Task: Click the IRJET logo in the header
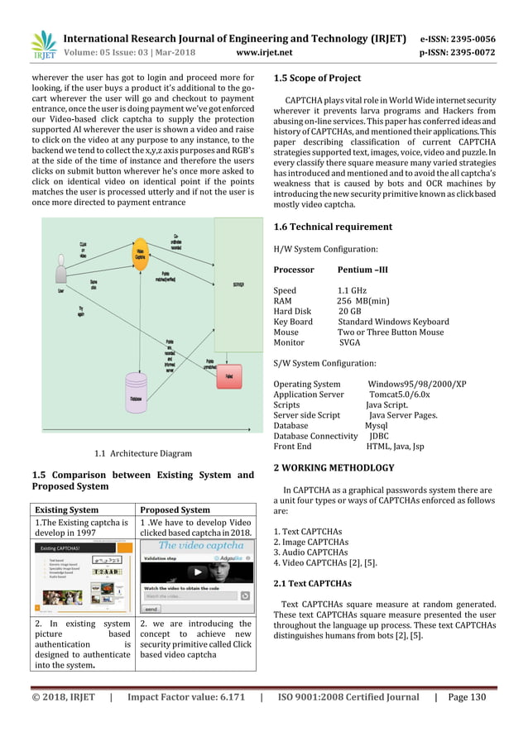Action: click(x=43, y=45)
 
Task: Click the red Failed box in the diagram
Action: click(x=228, y=375)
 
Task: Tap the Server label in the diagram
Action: click(x=238, y=284)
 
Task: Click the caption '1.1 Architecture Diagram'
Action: click(x=143, y=453)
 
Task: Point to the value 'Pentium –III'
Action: click(x=362, y=270)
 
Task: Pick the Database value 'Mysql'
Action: click(x=376, y=426)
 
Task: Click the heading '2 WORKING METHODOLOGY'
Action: click(x=340, y=468)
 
